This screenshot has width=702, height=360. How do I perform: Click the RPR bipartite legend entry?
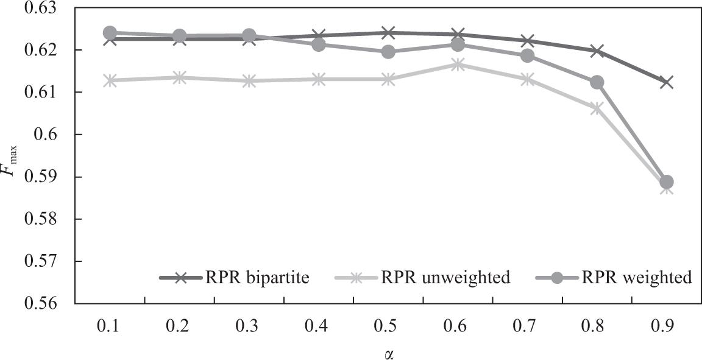coord(235,278)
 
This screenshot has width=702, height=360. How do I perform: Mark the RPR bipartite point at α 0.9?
coord(666,82)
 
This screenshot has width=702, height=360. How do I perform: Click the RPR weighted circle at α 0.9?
coord(666,182)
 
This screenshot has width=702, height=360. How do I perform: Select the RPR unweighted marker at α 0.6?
coord(458,65)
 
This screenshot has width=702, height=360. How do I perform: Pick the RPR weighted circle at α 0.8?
coord(597,82)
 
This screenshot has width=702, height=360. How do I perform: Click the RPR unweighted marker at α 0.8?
coord(597,108)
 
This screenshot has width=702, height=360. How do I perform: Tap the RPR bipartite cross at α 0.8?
coord(597,51)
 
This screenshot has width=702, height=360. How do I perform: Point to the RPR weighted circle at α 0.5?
coord(388,52)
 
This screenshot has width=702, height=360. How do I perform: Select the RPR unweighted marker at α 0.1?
coord(110,80)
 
